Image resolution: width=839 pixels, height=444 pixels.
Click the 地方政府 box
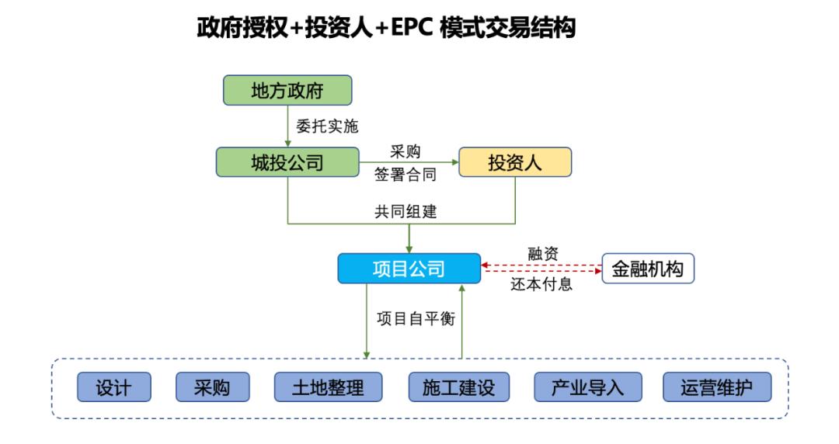(x=287, y=91)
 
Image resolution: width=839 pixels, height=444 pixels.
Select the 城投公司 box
(x=287, y=162)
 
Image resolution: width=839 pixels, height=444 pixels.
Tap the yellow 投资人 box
(x=515, y=162)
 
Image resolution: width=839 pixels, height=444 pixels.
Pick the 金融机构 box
(x=648, y=269)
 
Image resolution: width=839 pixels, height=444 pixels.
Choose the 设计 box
(x=114, y=387)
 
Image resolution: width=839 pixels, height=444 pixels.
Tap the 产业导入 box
(x=587, y=387)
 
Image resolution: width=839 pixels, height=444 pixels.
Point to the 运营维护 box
(x=717, y=387)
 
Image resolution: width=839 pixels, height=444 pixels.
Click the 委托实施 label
(x=327, y=125)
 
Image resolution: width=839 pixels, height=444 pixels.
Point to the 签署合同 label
(x=406, y=175)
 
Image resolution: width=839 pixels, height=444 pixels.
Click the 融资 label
(x=543, y=253)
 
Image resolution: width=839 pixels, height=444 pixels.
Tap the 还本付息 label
(x=541, y=284)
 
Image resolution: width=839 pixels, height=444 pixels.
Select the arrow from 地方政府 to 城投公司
(x=288, y=127)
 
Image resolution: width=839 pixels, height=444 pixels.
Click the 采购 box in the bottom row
(x=211, y=387)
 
